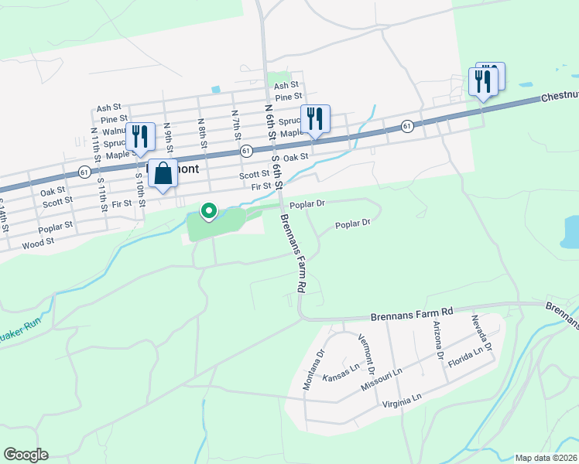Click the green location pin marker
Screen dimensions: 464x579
[208, 210]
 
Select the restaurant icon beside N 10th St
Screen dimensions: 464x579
[140, 136]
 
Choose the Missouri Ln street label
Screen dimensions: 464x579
[386, 377]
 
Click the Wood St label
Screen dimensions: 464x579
[38, 242]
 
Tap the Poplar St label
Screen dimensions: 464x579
[55, 227]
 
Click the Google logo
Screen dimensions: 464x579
[26, 455]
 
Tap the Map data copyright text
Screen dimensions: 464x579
[546, 458]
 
